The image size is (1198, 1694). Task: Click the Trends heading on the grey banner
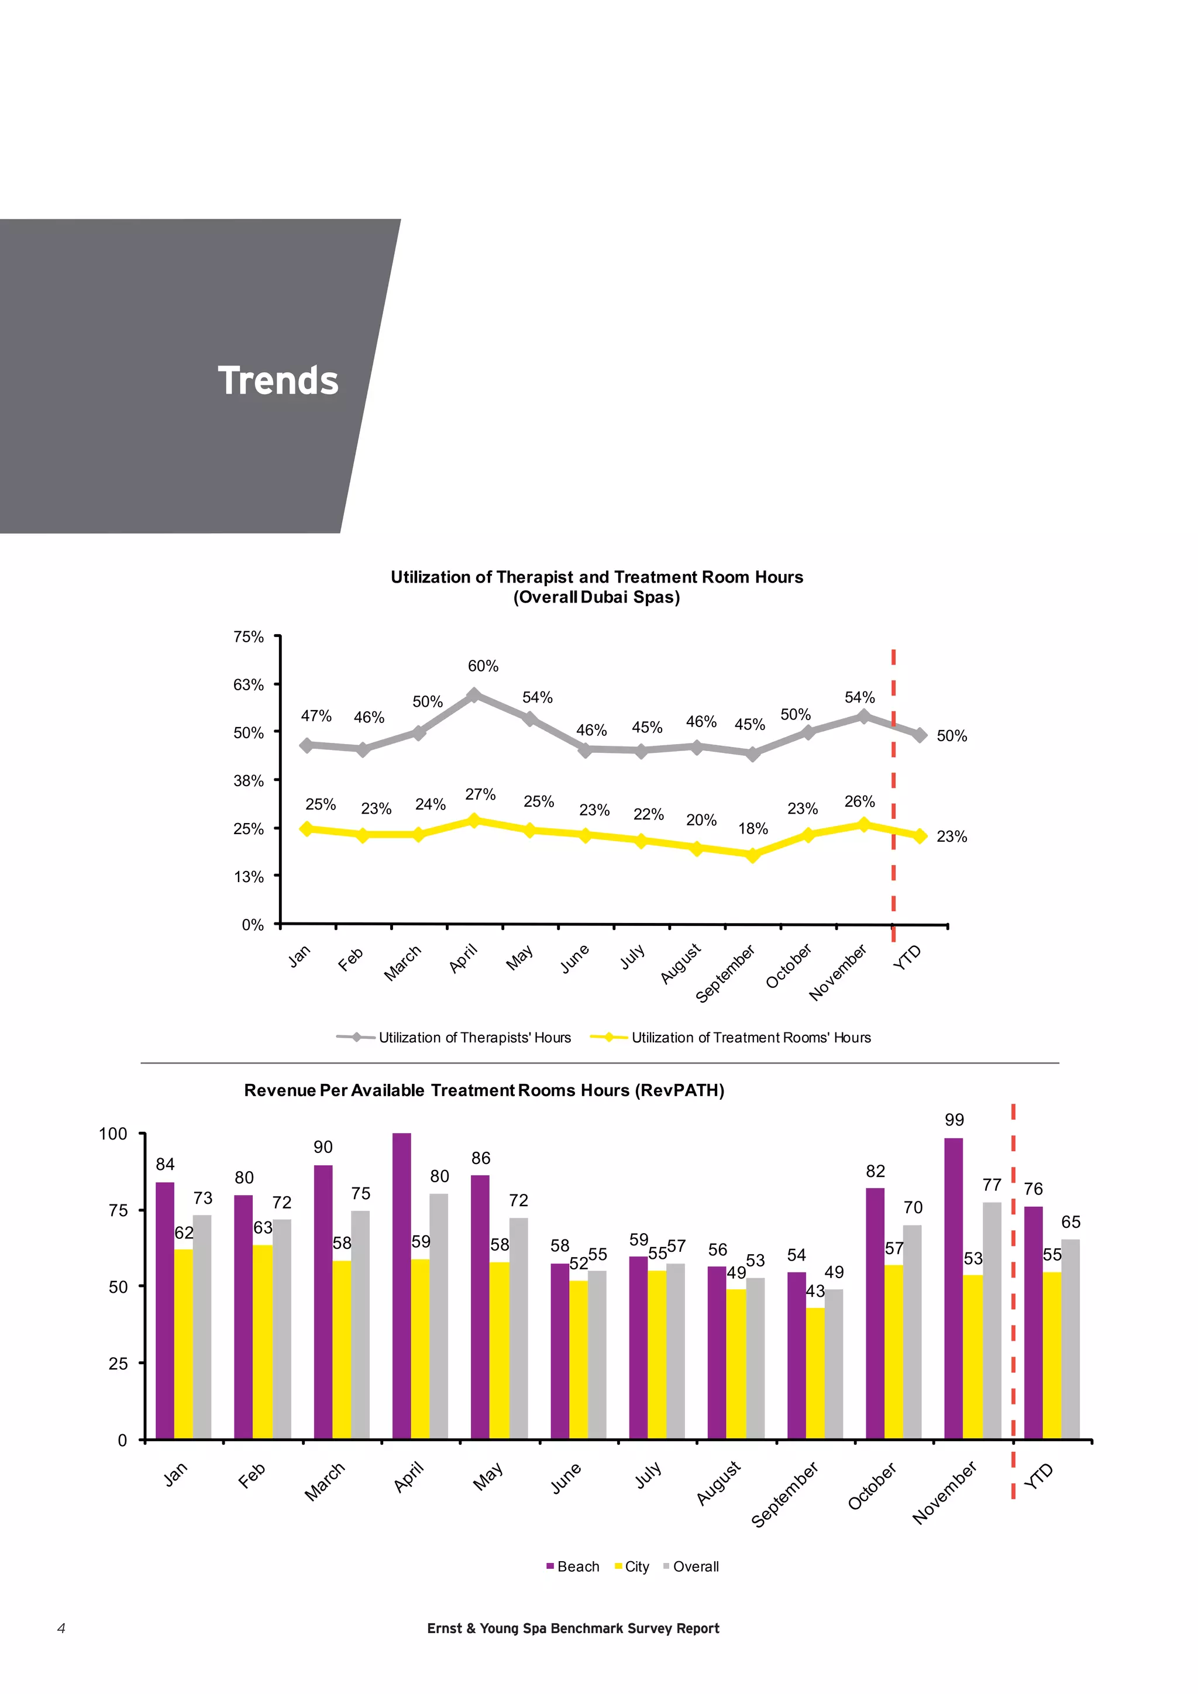pyautogui.click(x=278, y=381)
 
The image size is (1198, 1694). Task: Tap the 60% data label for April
pyautogui.click(x=483, y=666)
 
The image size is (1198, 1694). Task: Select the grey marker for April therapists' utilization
pyautogui.click(x=474, y=695)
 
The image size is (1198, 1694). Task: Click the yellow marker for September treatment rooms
pyautogui.click(x=752, y=855)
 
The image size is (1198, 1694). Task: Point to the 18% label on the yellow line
pyautogui.click(x=753, y=828)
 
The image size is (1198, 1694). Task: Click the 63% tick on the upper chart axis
pyautogui.click(x=249, y=685)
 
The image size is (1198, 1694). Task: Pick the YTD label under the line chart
pyautogui.click(x=907, y=958)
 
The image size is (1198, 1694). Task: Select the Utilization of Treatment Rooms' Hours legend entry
pyautogui.click(x=751, y=1037)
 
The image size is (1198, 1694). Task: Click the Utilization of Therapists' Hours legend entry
pyautogui.click(x=474, y=1037)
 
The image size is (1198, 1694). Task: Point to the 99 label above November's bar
pyautogui.click(x=955, y=1120)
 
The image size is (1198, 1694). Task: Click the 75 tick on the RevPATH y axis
pyautogui.click(x=118, y=1211)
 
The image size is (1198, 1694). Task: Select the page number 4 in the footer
pyautogui.click(x=61, y=1628)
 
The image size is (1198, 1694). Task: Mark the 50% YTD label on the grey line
pyautogui.click(x=952, y=736)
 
